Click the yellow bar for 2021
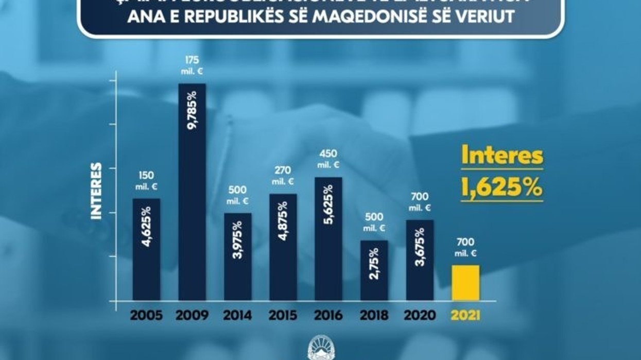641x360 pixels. [465, 283]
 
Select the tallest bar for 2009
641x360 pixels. [192, 192]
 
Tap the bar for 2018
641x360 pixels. [374, 270]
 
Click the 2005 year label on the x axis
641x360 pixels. [146, 315]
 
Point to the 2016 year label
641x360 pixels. [328, 315]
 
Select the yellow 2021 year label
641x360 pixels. [465, 315]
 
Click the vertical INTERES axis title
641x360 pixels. [96, 192]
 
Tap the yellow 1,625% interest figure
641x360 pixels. [501, 187]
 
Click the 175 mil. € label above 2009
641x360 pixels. [192, 65]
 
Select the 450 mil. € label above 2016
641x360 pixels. [328, 159]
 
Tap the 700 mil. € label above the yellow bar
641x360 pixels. [465, 246]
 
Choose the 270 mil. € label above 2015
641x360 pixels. [283, 176]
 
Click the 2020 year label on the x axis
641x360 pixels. [420, 315]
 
